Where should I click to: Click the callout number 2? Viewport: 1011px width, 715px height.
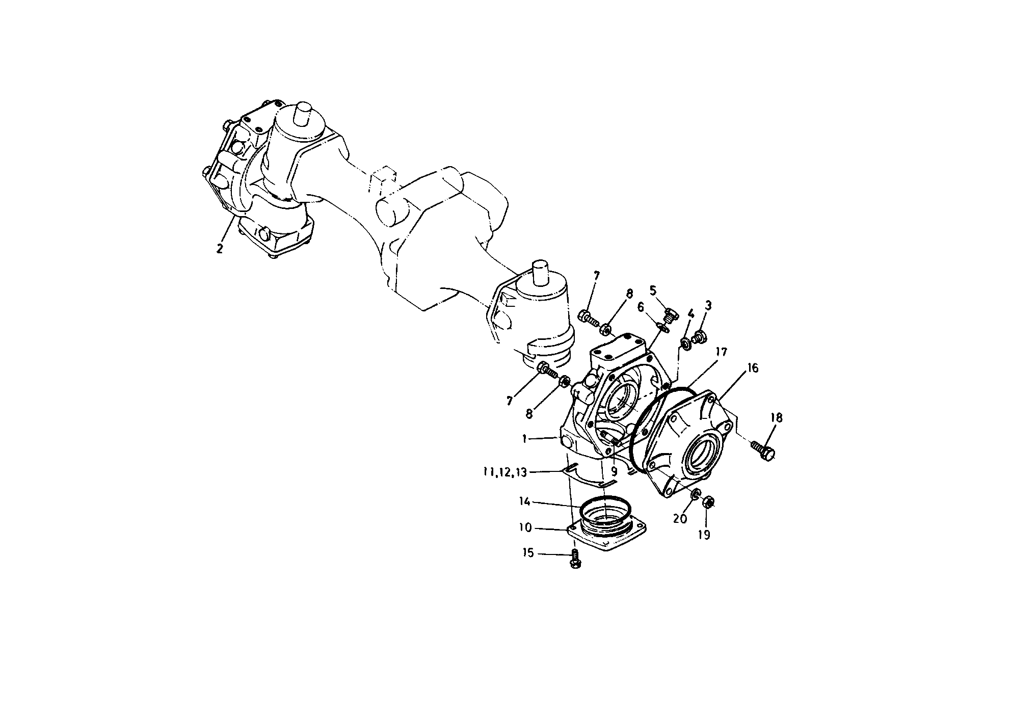pyautogui.click(x=220, y=249)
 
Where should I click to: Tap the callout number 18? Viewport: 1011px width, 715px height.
pyautogui.click(x=777, y=418)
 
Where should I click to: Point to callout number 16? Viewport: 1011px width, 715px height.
pyautogui.click(x=753, y=368)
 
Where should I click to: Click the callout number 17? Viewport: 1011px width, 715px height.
pyautogui.click(x=721, y=352)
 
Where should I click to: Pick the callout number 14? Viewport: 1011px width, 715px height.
pyautogui.click(x=525, y=502)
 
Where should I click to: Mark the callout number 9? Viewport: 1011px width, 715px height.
pyautogui.click(x=614, y=472)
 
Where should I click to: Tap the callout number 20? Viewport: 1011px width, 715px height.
pyautogui.click(x=680, y=519)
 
